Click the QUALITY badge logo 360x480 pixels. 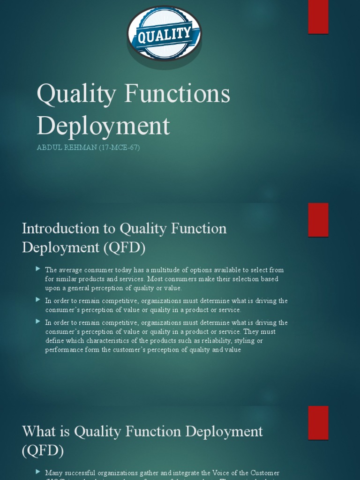164,34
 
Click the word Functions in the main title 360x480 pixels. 179,94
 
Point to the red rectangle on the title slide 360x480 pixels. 318,17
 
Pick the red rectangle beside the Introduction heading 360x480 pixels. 318,219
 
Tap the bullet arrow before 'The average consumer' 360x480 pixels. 38,269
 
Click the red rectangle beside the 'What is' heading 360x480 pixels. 318,422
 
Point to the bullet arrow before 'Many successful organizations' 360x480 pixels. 38,472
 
